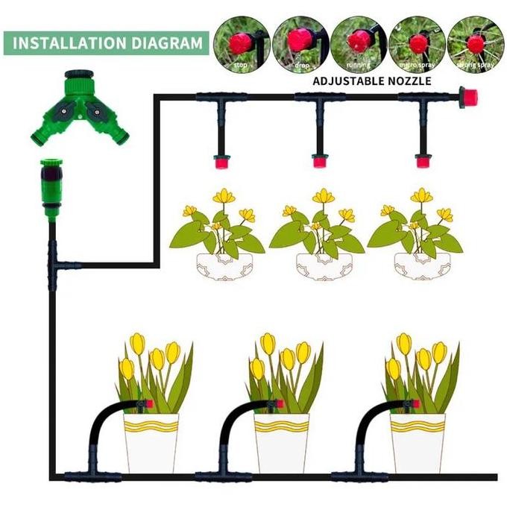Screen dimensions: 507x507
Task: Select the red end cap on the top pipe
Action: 470,97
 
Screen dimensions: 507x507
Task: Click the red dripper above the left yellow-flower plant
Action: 221,160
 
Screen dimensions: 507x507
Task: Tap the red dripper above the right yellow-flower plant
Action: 423,160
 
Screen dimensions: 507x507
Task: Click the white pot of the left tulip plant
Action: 151,443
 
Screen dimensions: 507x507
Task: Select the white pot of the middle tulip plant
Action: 281,443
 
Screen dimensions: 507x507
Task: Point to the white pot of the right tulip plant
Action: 417,443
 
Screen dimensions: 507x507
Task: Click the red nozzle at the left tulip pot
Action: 149,403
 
